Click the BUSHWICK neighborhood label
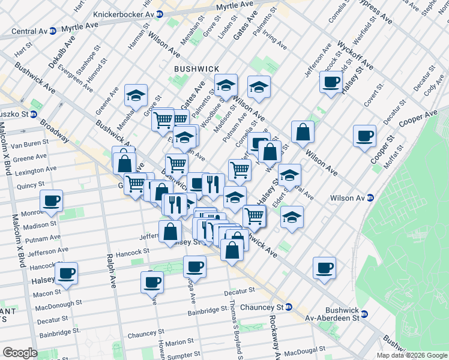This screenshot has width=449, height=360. click(x=196, y=69)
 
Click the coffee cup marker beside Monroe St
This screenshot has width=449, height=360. click(x=52, y=201)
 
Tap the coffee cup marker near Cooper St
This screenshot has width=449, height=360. click(x=364, y=136)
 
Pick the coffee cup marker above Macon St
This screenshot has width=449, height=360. click(x=66, y=273)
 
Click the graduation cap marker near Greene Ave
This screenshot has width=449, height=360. click(x=136, y=95)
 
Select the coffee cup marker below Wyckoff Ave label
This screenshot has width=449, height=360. click(x=331, y=82)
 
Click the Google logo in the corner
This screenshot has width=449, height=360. click(x=20, y=353)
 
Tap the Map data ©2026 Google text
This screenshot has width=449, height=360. click(x=411, y=355)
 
